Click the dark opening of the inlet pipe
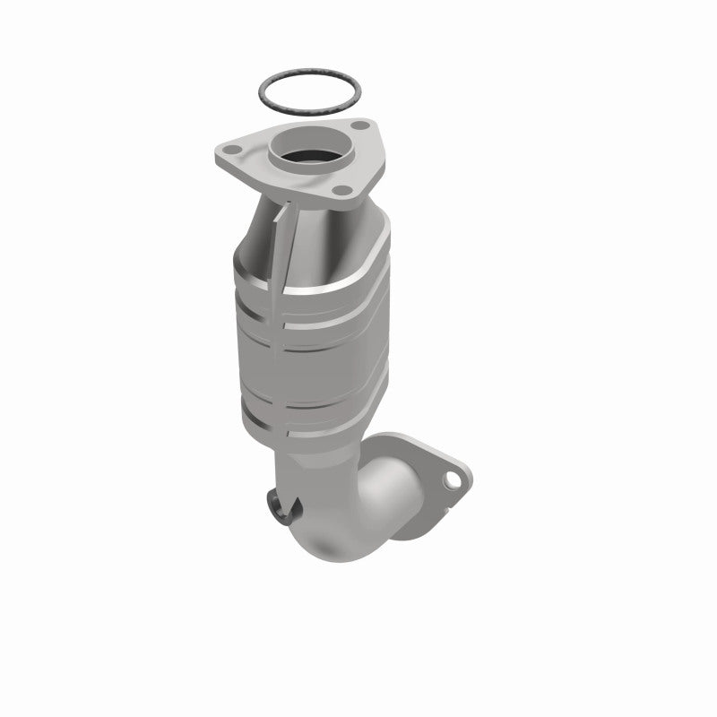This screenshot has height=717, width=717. click(309, 152)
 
